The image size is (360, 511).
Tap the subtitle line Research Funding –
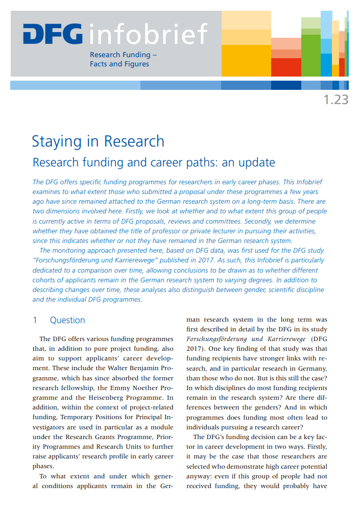[123, 55]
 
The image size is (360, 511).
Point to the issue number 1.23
[335, 100]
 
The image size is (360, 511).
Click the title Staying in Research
[98, 141]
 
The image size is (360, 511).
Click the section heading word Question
[67, 320]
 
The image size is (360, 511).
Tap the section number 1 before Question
[35, 320]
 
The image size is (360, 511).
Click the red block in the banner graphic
[286, 67]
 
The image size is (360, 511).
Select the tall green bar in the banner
[310, 54]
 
